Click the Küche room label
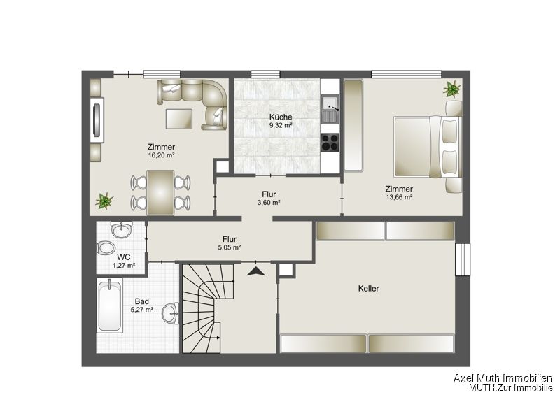pos(281,117)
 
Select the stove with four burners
pos(330,142)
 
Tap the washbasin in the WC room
pos(122,229)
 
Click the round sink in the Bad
pos(170,313)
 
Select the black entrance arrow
pos(256,271)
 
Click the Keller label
pos(368,288)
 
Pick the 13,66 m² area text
pos(398,198)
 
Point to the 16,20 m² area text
pos(161,156)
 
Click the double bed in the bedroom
pos(419,147)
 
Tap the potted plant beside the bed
pos(451,89)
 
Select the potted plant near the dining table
pos(104,201)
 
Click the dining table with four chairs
pos(161,192)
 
